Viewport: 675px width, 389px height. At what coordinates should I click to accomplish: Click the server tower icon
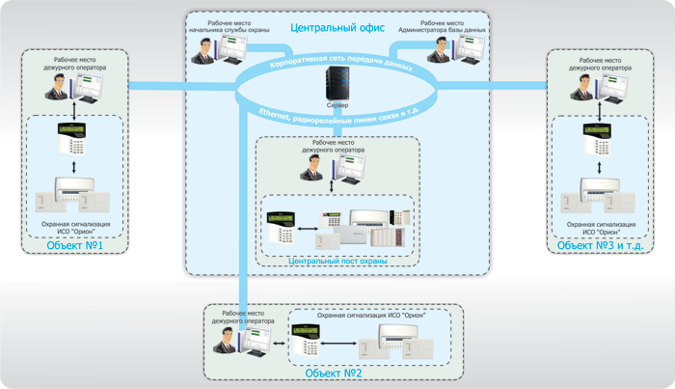coord(337,84)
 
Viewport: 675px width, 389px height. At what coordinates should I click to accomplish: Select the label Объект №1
coord(68,246)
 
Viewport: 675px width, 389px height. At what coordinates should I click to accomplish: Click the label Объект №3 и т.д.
coord(600,246)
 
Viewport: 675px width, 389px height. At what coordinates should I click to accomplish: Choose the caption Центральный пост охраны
coord(337,262)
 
